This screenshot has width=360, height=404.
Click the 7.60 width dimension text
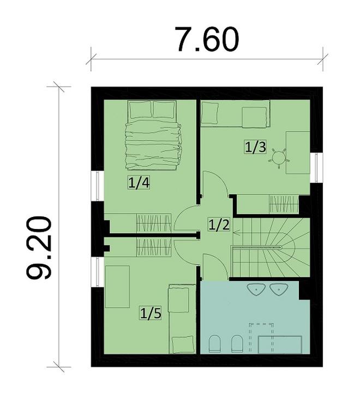(207, 39)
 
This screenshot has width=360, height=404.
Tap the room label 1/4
(139, 183)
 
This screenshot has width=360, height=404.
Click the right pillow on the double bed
(164, 110)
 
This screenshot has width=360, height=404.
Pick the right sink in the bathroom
(279, 289)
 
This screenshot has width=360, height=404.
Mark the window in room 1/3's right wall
(316, 167)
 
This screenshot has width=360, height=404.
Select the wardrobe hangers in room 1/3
(284, 205)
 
